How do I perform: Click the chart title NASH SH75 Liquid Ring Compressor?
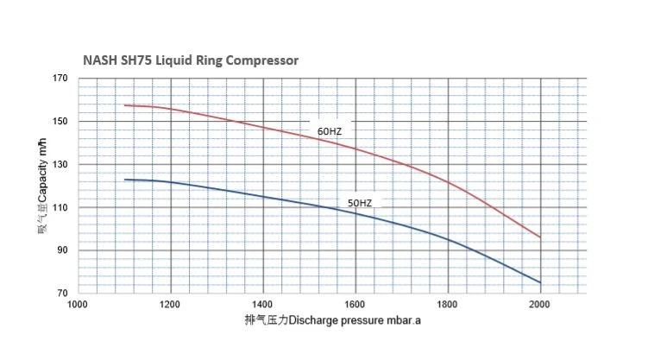(x=191, y=61)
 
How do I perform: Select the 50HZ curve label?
(x=360, y=203)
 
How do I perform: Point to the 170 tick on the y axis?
(x=60, y=79)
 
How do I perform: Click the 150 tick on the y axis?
(x=60, y=122)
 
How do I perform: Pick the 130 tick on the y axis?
(x=60, y=165)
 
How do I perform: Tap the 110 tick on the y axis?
(x=60, y=208)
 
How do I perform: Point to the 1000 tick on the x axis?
(x=79, y=306)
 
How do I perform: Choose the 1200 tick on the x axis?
(x=171, y=306)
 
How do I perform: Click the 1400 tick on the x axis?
(x=263, y=306)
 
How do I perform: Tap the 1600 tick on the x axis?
(x=355, y=306)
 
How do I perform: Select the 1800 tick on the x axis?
(x=448, y=306)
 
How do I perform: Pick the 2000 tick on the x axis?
(x=540, y=306)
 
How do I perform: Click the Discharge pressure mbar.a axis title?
(x=333, y=322)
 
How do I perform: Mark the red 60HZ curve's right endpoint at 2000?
(x=540, y=237)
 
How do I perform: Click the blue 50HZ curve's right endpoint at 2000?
(x=540, y=282)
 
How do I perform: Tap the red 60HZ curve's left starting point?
(x=125, y=105)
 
